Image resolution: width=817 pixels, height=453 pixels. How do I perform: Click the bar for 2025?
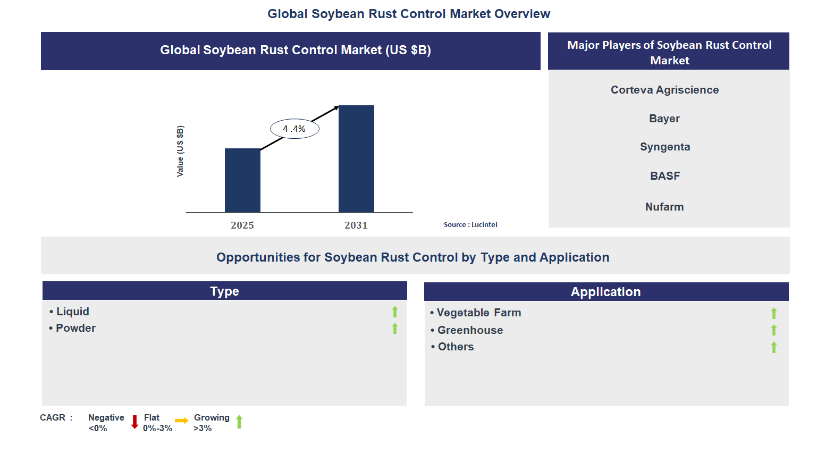tap(242, 180)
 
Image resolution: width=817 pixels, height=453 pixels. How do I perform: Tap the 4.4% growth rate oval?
tap(294, 129)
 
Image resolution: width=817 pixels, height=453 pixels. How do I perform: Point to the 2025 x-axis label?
tap(242, 225)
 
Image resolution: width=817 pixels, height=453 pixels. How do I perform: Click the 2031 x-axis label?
tap(356, 225)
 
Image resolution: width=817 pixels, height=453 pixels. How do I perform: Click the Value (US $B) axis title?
tap(180, 152)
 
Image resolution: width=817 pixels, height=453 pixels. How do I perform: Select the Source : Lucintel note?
tap(470, 225)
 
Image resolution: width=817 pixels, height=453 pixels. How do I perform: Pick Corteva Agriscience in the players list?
tap(664, 90)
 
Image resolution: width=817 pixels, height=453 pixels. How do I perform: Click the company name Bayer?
tap(664, 119)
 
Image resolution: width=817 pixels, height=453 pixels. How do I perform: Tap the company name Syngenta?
tap(665, 147)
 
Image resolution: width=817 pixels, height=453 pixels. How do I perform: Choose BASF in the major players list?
tap(665, 176)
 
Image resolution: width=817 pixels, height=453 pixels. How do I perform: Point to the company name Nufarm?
tap(664, 207)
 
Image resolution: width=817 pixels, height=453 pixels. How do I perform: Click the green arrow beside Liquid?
tap(395, 312)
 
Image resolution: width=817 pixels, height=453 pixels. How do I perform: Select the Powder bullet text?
tap(75, 328)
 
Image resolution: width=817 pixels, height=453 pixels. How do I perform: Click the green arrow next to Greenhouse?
tap(774, 330)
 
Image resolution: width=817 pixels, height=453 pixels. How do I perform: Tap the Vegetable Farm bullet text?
tap(478, 313)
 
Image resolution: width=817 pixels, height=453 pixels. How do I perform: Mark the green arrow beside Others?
tap(774, 347)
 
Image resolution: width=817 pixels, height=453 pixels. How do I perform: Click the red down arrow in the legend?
tap(135, 422)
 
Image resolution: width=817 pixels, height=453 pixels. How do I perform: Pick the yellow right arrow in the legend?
tap(182, 421)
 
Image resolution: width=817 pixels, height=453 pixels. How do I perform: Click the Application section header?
tap(606, 292)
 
